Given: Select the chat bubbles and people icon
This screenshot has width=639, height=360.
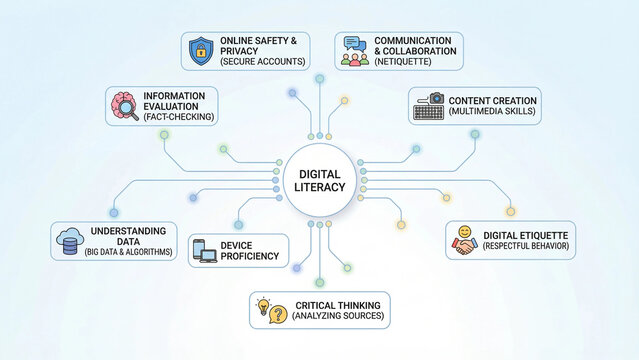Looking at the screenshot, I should click(x=354, y=50).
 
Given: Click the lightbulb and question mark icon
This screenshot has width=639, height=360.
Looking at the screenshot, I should click(x=264, y=310).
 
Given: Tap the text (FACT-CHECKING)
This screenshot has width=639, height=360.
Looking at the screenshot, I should click(x=179, y=117).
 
